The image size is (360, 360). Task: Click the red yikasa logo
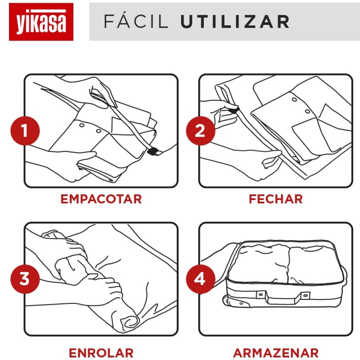tap(41, 22)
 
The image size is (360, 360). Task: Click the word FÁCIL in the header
tap(136, 22)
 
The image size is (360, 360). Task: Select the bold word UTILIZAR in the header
tap(235, 22)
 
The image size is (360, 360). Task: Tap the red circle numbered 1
tap(25, 131)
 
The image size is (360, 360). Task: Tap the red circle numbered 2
tap(200, 131)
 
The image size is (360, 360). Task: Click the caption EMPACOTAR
tap(101, 199)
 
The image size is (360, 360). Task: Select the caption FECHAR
tap(276, 199)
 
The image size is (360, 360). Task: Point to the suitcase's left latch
tap(260, 295)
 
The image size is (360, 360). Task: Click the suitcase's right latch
tap(306, 295)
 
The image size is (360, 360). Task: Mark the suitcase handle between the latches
tap(283, 298)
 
